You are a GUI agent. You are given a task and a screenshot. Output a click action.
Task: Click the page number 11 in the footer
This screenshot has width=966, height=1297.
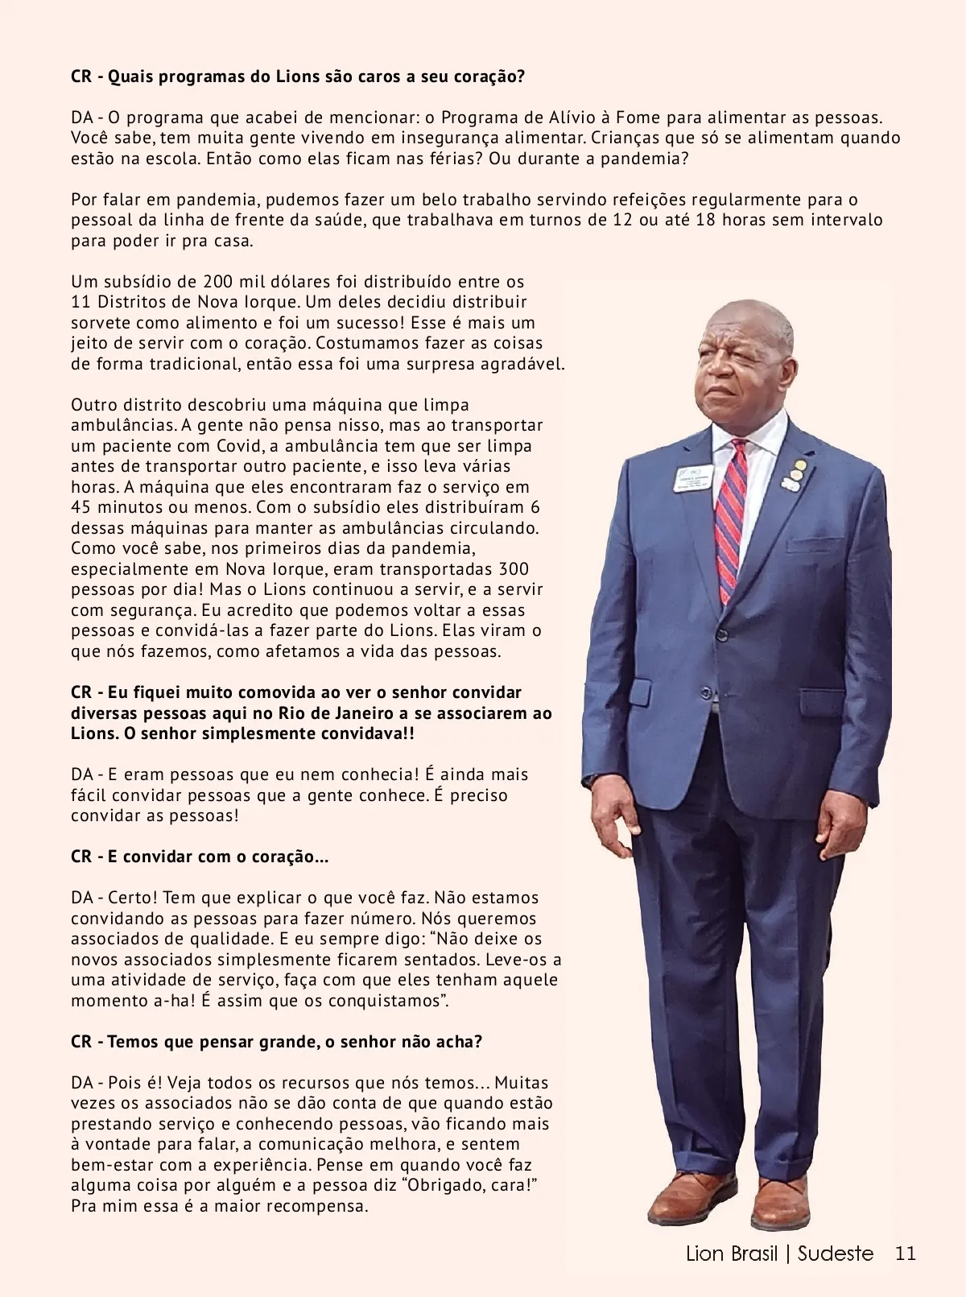click(x=906, y=1254)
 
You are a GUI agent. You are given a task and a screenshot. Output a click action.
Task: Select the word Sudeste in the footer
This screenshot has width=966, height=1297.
click(x=836, y=1254)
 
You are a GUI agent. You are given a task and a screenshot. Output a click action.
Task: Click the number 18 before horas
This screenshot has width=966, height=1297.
click(x=705, y=220)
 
